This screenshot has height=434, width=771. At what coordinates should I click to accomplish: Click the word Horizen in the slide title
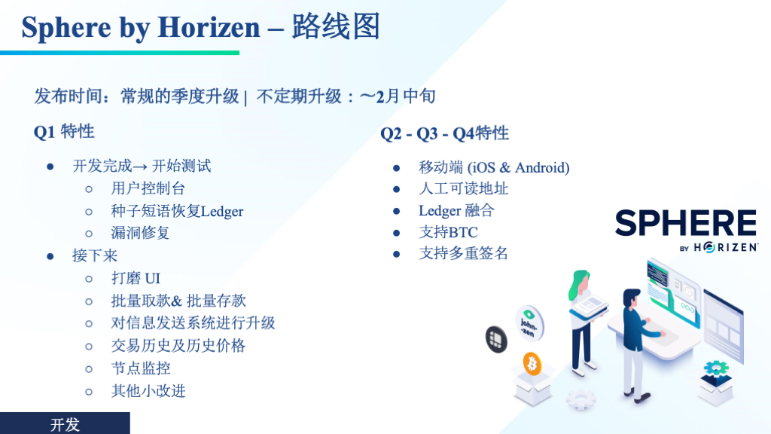pyautogui.click(x=209, y=27)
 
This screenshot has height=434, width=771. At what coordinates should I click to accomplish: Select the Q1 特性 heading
pyautogui.click(x=64, y=132)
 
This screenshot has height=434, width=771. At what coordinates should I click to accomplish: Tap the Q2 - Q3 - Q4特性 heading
pyautogui.click(x=444, y=133)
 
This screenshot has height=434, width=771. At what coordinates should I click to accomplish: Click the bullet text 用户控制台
pyautogui.click(x=148, y=188)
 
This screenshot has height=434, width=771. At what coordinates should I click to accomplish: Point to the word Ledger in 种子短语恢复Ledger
pyautogui.click(x=222, y=212)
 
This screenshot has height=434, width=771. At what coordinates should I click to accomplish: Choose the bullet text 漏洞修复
pyautogui.click(x=140, y=233)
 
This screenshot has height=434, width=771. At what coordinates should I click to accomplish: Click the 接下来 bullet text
pyautogui.click(x=95, y=255)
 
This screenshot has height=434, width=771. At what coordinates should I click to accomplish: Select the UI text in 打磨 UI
pyautogui.click(x=152, y=279)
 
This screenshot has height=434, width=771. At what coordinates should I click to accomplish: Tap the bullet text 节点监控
pyautogui.click(x=141, y=368)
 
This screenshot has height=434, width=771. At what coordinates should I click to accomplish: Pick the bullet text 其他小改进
pyautogui.click(x=148, y=391)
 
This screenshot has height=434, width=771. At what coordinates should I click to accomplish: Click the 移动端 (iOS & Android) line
pyautogui.click(x=494, y=168)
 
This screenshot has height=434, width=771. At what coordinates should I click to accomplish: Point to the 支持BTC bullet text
pyautogui.click(x=448, y=232)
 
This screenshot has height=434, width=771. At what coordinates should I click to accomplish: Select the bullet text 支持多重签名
pyautogui.click(x=463, y=253)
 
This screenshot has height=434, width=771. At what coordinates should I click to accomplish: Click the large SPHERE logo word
pyautogui.click(x=686, y=223)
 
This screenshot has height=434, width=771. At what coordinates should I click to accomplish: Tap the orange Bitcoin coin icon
pyautogui.click(x=532, y=364)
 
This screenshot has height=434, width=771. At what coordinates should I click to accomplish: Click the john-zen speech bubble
pyautogui.click(x=529, y=322)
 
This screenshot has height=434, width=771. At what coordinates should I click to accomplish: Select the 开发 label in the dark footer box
pyautogui.click(x=65, y=425)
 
